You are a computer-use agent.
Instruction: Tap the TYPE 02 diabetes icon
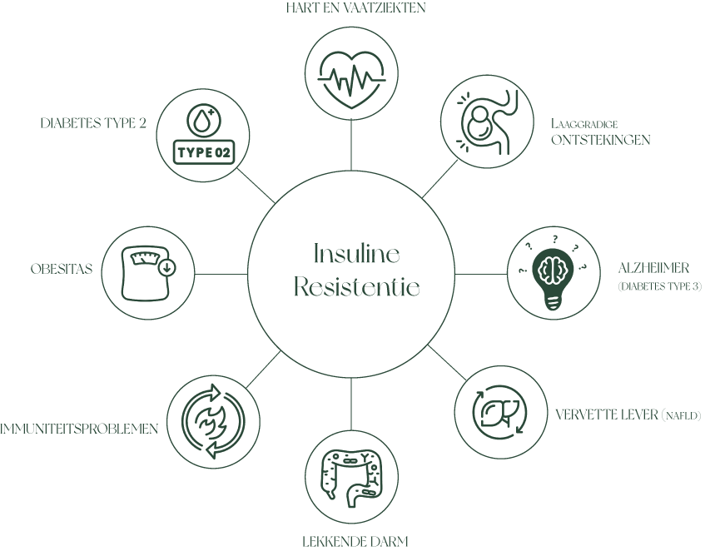(203, 135)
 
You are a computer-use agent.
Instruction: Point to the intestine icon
(352, 480)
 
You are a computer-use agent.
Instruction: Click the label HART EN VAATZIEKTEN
(352, 8)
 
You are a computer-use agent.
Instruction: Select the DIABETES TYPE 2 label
(93, 123)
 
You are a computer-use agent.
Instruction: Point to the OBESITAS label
(60, 270)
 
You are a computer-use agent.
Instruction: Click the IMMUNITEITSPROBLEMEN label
(80, 429)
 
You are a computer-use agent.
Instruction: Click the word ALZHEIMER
(654, 269)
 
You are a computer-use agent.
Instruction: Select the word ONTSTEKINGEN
(600, 140)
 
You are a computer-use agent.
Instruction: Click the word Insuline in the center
(356, 252)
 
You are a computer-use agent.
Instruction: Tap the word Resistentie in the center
(356, 288)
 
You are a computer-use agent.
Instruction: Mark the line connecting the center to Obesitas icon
(221, 273)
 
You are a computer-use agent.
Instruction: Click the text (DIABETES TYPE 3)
(660, 286)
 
